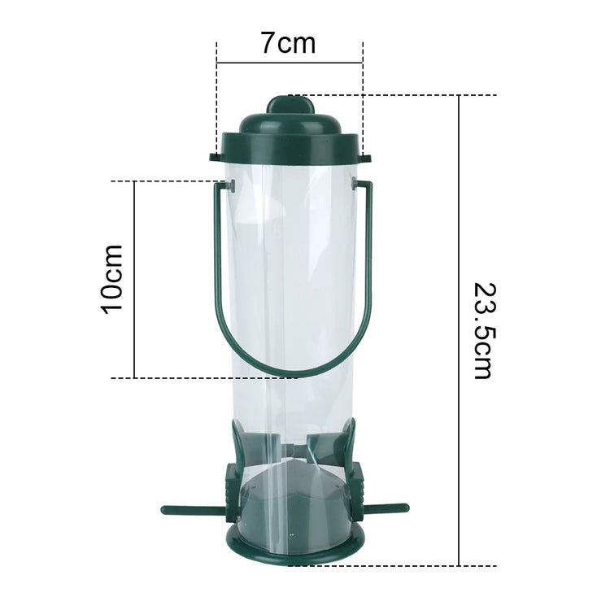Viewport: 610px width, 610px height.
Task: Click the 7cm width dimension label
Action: click(289, 42)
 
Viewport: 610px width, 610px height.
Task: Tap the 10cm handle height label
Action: click(111, 278)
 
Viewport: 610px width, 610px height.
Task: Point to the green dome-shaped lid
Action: click(290, 134)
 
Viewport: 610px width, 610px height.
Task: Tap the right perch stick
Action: click(384, 509)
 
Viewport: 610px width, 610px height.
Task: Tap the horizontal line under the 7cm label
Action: click(290, 62)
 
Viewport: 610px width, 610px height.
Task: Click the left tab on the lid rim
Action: click(215, 155)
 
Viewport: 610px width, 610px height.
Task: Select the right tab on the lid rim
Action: click(365, 155)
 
